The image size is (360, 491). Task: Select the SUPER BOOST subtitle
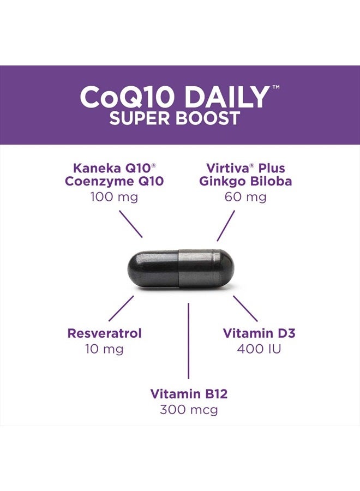coord(175,118)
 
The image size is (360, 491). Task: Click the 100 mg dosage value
coord(114,196)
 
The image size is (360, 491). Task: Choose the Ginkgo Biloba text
coord(245,182)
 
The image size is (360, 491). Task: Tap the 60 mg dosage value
coord(245,196)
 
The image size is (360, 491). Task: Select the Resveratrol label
coord(104,333)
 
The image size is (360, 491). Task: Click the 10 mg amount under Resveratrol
coord(104,348)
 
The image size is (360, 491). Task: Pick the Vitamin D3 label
coord(259,333)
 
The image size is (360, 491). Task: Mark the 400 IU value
coord(259,348)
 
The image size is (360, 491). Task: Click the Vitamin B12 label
coord(189,394)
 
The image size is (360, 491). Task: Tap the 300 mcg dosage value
coord(189,409)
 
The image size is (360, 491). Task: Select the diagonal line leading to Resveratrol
coord(121,308)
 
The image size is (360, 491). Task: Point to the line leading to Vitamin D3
coord(245,308)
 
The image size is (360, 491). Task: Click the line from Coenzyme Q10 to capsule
coord(131,224)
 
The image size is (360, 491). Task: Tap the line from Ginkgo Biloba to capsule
coord(226,225)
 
